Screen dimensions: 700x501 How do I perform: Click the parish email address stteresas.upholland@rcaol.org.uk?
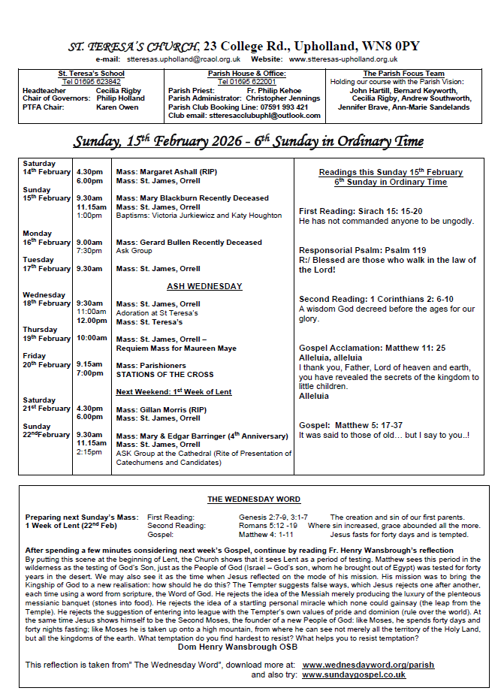(x=183, y=59)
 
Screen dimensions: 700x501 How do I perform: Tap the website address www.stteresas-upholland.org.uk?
(x=343, y=59)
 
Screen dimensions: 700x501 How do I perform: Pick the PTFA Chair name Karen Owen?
(x=118, y=107)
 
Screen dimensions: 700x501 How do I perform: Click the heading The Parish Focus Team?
(x=401, y=74)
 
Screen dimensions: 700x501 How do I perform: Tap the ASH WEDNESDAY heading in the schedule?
(x=204, y=286)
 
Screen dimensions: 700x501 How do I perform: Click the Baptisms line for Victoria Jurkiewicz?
(x=199, y=216)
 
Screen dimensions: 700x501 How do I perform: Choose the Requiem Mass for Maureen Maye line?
(x=176, y=348)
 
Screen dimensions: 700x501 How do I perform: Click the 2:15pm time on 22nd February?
(x=89, y=453)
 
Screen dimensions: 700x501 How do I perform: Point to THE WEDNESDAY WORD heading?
(x=254, y=499)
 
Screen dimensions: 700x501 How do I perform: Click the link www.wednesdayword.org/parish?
(x=368, y=665)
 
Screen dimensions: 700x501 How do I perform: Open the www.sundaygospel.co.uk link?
(x=354, y=674)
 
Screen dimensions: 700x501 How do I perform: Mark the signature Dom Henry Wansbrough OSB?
(x=237, y=647)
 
